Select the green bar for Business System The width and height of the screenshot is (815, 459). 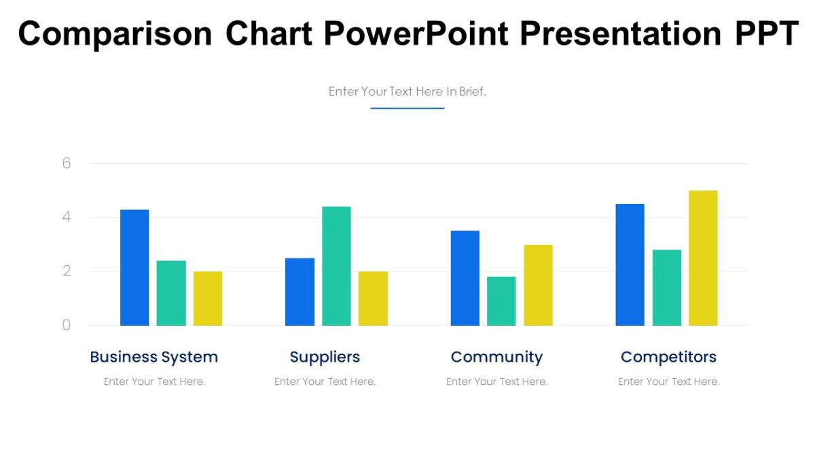click(171, 293)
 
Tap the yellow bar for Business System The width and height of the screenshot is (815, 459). click(208, 299)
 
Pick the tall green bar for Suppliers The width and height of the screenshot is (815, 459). click(336, 266)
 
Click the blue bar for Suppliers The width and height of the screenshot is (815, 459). click(300, 292)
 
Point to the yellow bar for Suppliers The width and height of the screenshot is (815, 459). click(373, 299)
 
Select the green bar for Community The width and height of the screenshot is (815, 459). click(501, 301)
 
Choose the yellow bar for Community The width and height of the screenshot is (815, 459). click(538, 285)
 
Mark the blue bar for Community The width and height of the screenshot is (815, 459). click(465, 278)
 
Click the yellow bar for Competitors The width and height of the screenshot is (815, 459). click(703, 258)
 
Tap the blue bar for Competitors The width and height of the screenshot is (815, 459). click(630, 265)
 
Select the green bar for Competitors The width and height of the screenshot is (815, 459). click(666, 288)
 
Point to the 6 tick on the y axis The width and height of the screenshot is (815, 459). click(67, 163)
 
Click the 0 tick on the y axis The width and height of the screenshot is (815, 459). click(67, 325)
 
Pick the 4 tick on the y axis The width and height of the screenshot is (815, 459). click(67, 218)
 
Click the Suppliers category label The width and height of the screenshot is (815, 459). click(325, 357)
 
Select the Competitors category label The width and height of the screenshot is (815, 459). click(668, 357)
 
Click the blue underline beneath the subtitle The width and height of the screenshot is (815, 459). click(407, 108)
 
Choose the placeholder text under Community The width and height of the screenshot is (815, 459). click(496, 381)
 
